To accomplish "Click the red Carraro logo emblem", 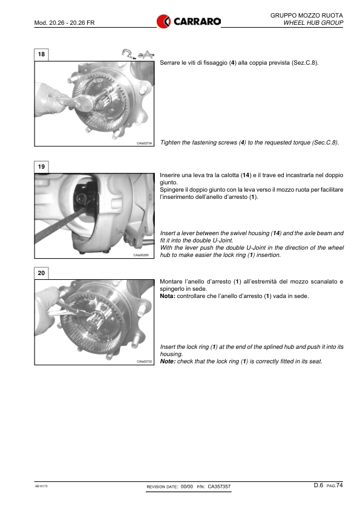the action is coord(163,21).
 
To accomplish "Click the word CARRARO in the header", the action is coord(197,22).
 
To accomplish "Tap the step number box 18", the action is coord(41,54).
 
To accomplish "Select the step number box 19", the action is coord(41,167).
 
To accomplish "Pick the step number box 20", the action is coord(41,273).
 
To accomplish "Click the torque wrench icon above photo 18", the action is coord(129,54).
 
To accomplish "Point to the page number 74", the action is coord(339,485).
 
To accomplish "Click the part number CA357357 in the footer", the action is coord(219,487).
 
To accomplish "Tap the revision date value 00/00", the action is coord(187,487).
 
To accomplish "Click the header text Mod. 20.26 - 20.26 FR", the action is coord(64,23).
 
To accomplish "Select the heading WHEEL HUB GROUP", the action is coord(313,23).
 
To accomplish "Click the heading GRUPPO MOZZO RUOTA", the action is coord(306,15).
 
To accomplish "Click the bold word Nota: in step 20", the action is coord(168,296).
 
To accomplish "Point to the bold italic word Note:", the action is coord(168,361).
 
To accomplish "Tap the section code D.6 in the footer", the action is coord(318,485).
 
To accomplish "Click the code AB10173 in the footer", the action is coord(41,486).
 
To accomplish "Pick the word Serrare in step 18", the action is coord(169,63).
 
